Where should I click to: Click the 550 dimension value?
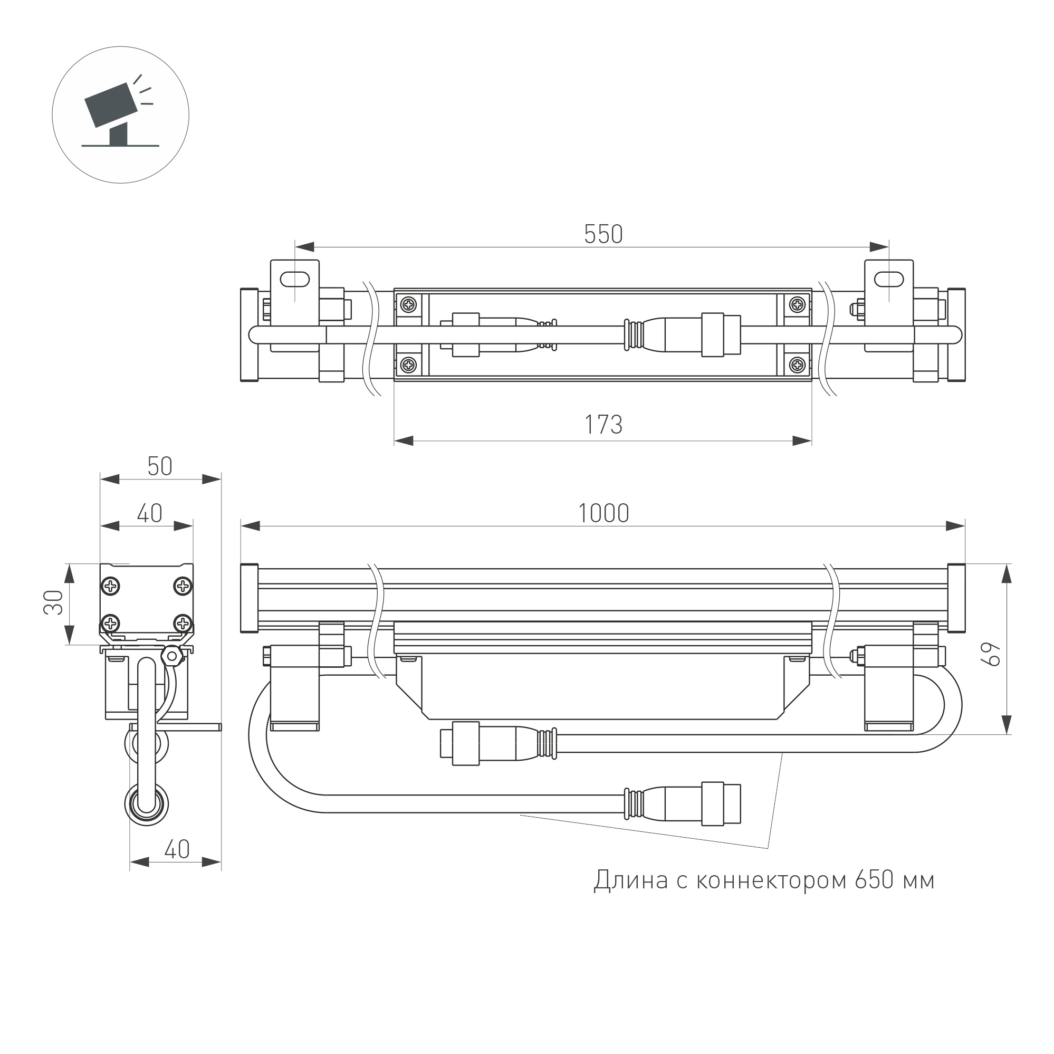coord(603,235)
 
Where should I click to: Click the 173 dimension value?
coord(603,425)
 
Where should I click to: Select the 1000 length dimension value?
coord(603,513)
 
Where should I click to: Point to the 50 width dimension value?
coord(160,466)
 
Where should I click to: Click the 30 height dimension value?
coord(54,602)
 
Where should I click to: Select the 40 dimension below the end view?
coord(177,849)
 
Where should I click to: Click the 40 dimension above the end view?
coord(149,513)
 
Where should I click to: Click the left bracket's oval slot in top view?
coord(294,279)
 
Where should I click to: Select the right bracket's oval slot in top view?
coord(889,279)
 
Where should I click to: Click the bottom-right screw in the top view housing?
coord(798,365)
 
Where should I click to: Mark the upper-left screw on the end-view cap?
coord(111,587)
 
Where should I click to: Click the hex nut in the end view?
coord(173,655)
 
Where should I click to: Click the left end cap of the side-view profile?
coord(250,598)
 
